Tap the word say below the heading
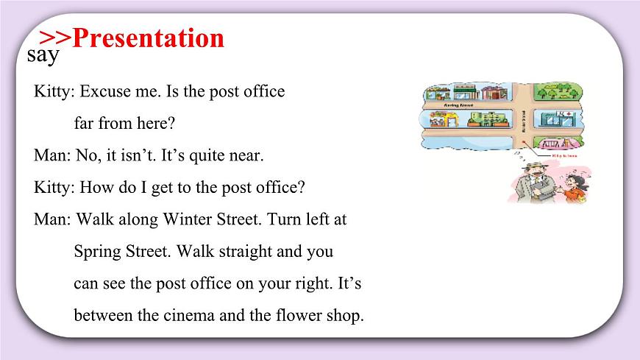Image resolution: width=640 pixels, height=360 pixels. tap(43, 55)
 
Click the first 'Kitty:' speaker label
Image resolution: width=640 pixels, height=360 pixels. tap(54, 92)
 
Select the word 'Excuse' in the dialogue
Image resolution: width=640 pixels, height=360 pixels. tap(104, 92)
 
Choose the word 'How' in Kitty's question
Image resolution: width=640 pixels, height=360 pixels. tap(95, 187)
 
